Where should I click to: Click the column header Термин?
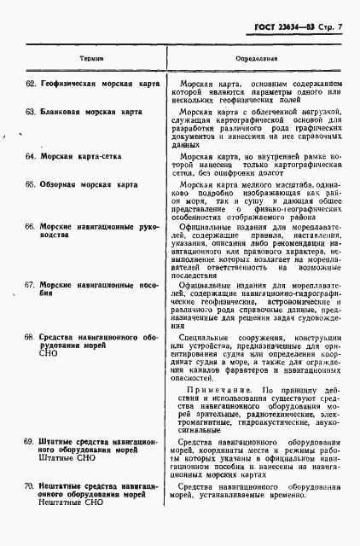[x=92, y=60]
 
